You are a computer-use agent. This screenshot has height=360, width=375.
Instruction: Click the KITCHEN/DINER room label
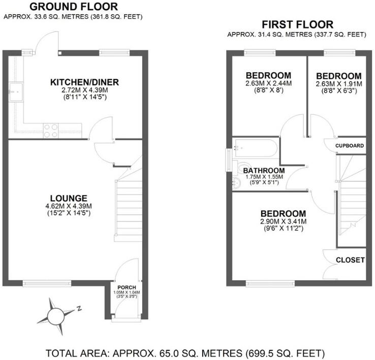coord(84,82)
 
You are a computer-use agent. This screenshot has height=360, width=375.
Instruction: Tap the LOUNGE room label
coord(69,199)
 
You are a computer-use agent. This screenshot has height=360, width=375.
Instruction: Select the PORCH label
coord(127,287)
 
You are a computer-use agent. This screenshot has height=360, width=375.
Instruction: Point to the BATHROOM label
coord(264,171)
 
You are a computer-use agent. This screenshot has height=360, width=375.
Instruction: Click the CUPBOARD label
coord(350,146)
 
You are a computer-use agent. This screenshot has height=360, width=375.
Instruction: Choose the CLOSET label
coord(351,260)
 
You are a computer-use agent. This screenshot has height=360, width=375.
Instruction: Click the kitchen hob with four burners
coord(51,130)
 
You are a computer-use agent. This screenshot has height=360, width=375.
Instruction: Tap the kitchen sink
coord(16,92)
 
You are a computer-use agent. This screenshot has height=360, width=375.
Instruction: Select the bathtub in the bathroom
coord(256,148)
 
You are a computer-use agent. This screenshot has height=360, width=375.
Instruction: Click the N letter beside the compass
coord(79,308)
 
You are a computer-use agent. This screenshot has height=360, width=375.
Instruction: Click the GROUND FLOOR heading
coord(74,7)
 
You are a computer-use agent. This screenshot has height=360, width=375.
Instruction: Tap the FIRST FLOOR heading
coord(298,24)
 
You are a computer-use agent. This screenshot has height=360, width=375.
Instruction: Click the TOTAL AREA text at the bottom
coord(185,353)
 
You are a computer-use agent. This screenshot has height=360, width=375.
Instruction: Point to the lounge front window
coord(47,283)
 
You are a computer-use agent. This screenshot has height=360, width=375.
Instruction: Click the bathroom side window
coord(229,160)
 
